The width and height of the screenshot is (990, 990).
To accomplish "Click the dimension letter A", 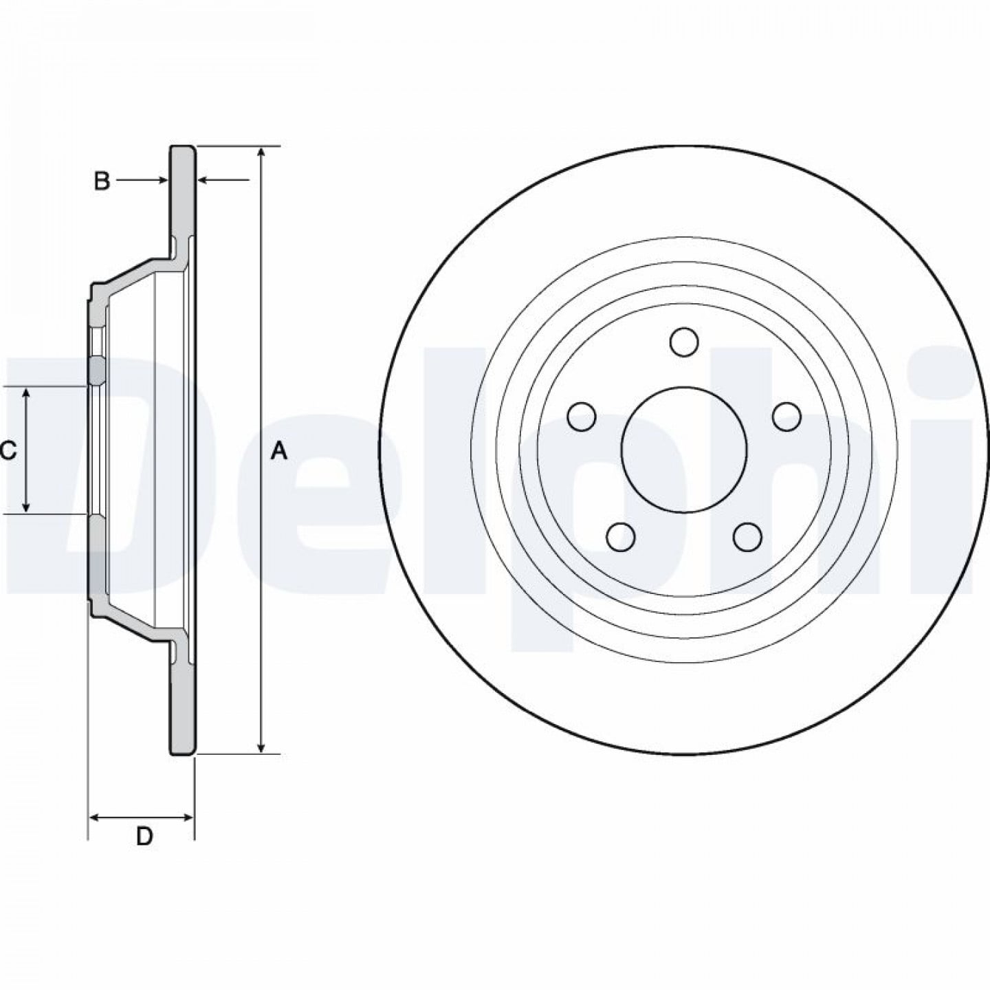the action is coord(278,452).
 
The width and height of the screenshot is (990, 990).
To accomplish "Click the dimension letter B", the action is coord(102,181).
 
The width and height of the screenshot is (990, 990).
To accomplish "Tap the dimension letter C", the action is coord(8,451).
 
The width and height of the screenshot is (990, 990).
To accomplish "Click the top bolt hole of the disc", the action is coord(684,341).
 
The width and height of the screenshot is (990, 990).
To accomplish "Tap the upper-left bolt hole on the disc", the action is coord(582,417).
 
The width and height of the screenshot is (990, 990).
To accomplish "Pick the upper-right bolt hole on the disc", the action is coord(788,417).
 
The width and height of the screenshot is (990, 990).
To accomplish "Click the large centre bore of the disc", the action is coord(684,450).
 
